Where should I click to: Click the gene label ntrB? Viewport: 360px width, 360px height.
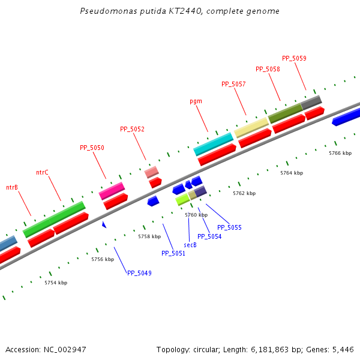pos(12,187)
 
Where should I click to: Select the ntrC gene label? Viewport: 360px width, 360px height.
pos(42,172)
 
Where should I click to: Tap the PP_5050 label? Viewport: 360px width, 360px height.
pos(92,148)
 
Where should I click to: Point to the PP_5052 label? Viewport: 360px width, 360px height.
pos(132,129)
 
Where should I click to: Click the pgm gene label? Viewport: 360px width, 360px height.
pos(196,101)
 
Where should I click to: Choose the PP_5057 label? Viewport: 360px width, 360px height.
pos(233,84)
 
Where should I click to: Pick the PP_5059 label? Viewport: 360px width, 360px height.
pos(294,58)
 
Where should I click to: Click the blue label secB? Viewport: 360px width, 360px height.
pos(190,245)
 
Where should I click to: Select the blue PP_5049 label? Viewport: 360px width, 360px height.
pos(139,273)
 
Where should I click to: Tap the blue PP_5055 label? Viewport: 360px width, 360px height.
pos(229,227)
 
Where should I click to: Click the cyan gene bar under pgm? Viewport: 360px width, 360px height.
pos(213,144)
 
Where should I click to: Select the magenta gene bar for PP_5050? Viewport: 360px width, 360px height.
pos(112,191)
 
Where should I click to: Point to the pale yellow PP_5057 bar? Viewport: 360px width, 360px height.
pos(251,127)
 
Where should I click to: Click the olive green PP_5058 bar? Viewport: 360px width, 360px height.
pos(285,112)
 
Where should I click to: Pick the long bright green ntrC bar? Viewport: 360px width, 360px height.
pos(54,219)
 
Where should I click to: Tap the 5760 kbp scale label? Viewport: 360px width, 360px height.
pos(196,215)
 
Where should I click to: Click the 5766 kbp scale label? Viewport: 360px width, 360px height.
pos(340,153)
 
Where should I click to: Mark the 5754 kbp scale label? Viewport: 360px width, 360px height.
pos(56,283)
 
